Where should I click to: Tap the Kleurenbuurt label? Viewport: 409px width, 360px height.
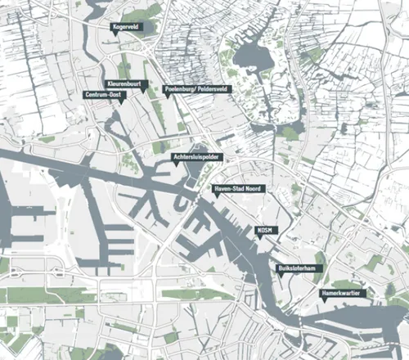point(127,84)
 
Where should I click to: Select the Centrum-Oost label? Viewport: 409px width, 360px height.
point(105,95)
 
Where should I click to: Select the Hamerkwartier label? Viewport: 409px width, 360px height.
point(344,292)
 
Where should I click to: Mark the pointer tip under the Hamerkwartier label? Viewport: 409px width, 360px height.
point(324,300)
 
